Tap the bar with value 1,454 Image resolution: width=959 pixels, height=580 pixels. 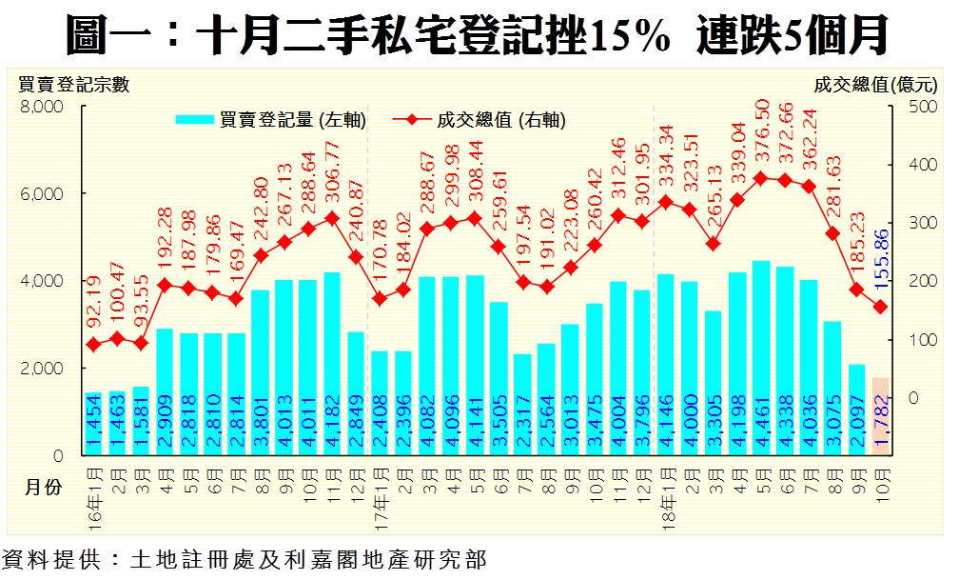[x=93, y=423]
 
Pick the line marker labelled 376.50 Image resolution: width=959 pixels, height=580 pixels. [x=761, y=178]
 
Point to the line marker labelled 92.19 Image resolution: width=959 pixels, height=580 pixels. [x=93, y=345]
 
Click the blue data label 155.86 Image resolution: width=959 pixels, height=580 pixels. [x=880, y=257]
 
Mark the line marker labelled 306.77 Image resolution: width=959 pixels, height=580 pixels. [x=331, y=218]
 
